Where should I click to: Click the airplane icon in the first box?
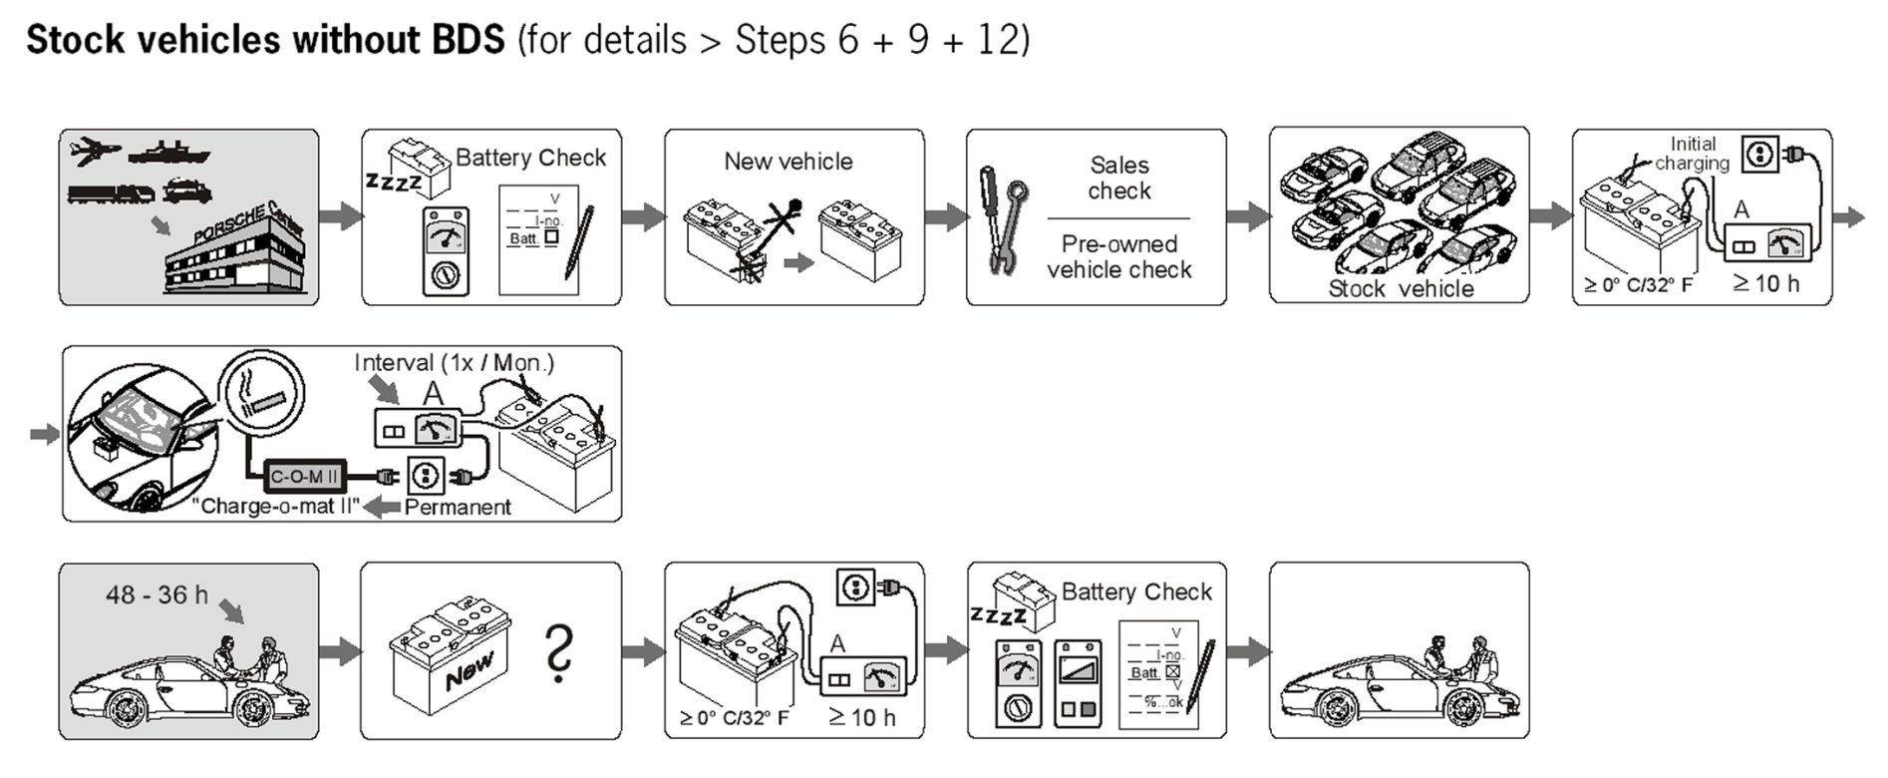[x=96, y=152]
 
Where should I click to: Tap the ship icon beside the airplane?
[x=169, y=153]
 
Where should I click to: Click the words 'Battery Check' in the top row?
[x=530, y=158]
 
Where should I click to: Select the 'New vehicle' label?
[x=787, y=162]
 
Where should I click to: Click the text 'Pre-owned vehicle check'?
[x=1118, y=256]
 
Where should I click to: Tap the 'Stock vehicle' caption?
[x=1401, y=289]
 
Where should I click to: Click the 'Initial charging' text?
[x=1692, y=154]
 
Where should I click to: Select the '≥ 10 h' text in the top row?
[x=1766, y=284]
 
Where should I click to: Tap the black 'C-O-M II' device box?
[x=304, y=477]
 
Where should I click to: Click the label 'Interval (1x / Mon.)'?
[x=454, y=363]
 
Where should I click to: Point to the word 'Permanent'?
[x=458, y=507]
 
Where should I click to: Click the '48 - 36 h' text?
[x=157, y=595]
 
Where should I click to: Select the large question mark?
[x=561, y=653]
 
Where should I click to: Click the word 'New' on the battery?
[x=469, y=671]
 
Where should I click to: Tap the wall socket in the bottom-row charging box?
[x=855, y=587]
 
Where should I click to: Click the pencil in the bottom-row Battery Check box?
[x=1202, y=675]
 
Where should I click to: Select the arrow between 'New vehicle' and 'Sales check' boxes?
[x=945, y=215]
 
